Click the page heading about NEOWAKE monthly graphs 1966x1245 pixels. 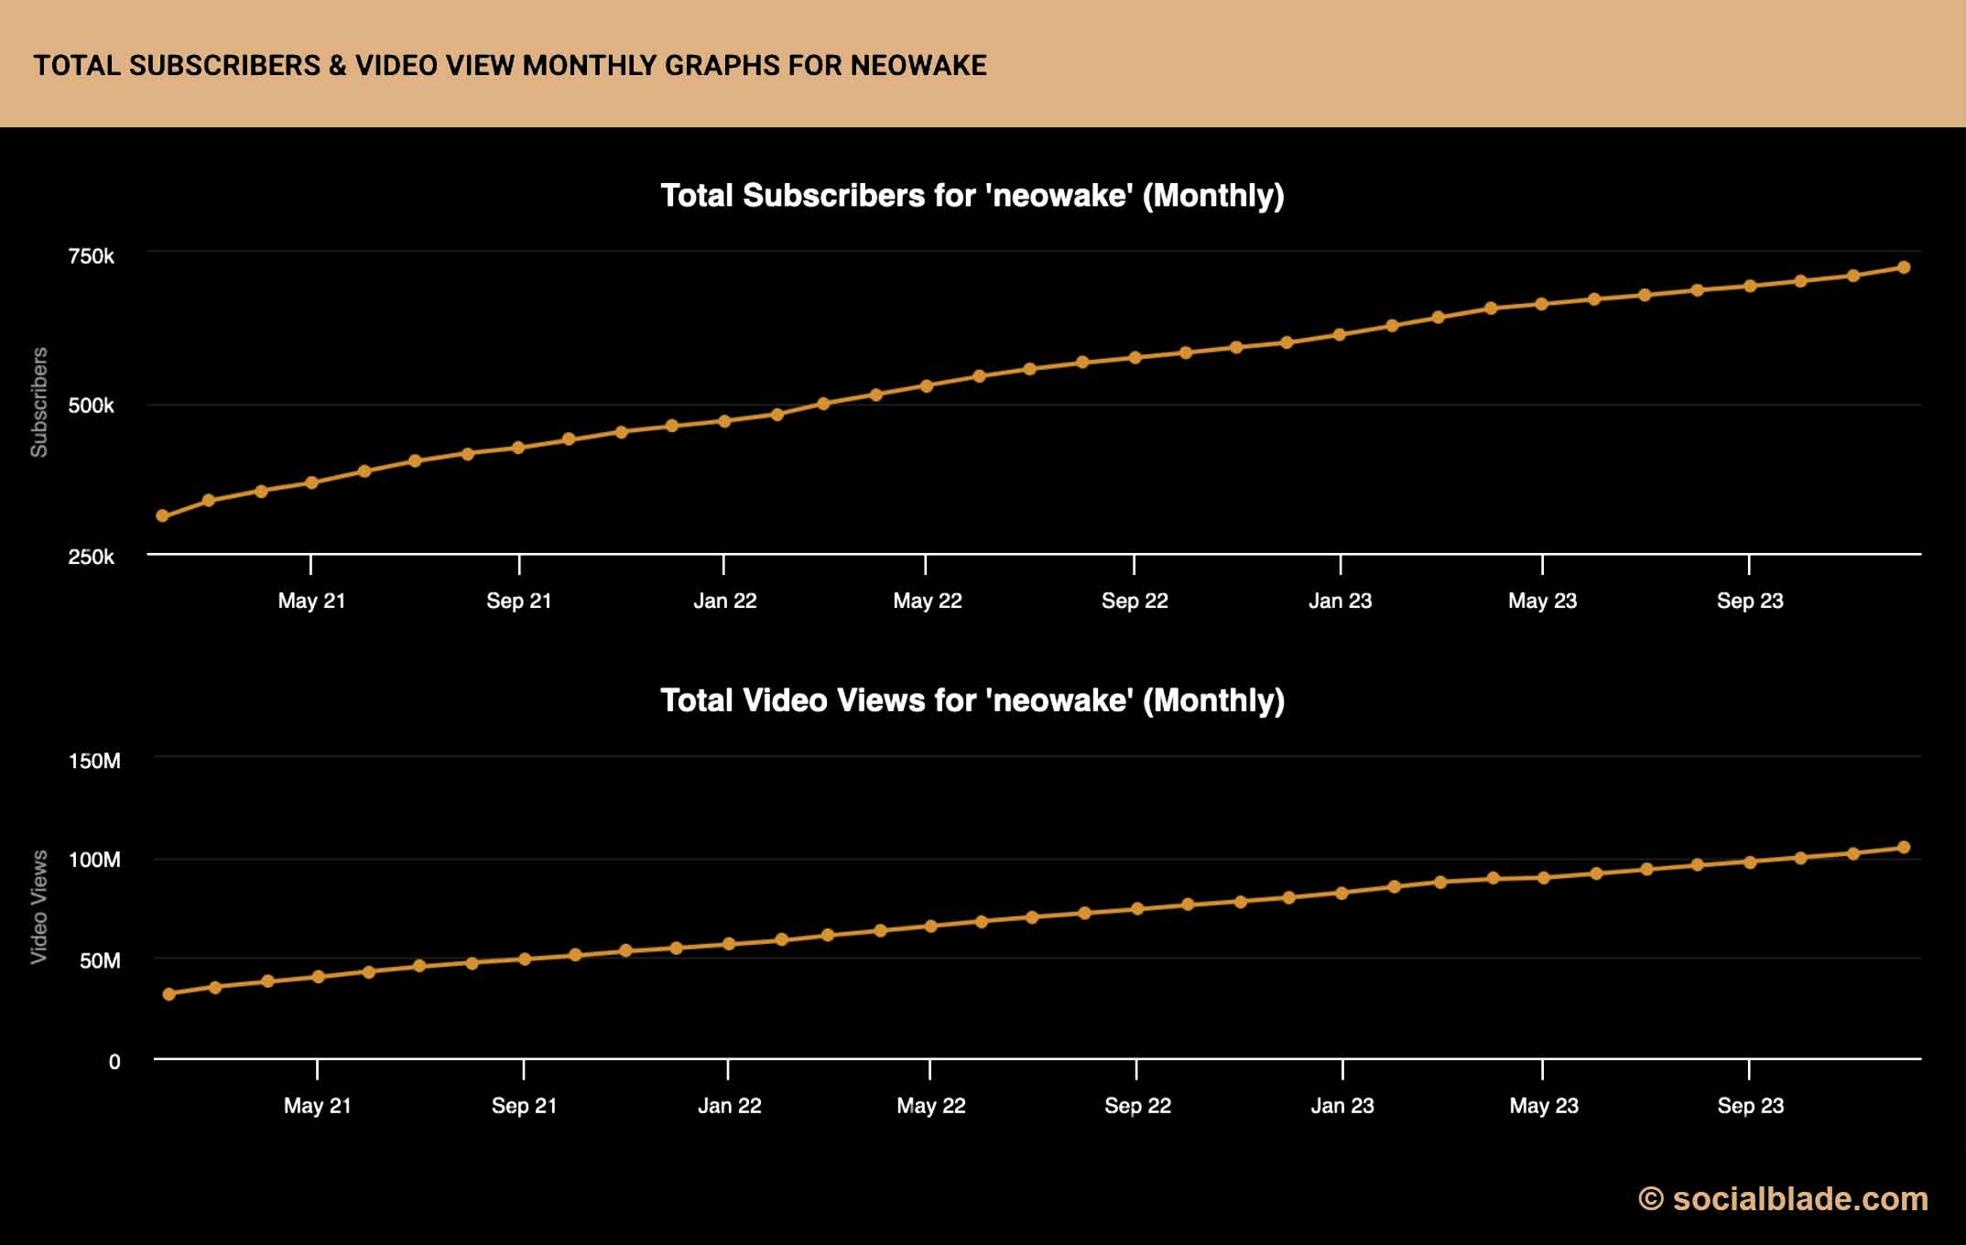click(x=510, y=65)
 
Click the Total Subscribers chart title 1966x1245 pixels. click(x=972, y=195)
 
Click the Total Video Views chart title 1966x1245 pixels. click(x=972, y=700)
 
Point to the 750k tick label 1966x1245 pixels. click(x=91, y=256)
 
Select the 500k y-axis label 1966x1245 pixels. click(x=91, y=406)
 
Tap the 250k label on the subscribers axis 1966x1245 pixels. click(x=91, y=557)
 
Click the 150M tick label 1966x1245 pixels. click(x=94, y=761)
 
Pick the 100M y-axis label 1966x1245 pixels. click(x=94, y=860)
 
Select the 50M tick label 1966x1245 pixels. click(x=100, y=960)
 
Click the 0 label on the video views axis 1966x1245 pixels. click(x=114, y=1062)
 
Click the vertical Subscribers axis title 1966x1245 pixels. click(x=39, y=402)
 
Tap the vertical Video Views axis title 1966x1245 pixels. click(x=39, y=906)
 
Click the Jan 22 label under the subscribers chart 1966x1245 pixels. click(x=724, y=601)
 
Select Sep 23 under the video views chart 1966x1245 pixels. click(x=1750, y=1106)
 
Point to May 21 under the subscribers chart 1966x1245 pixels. click(x=311, y=601)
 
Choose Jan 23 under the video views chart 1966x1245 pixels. click(x=1341, y=1106)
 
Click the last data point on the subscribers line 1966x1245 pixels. click(x=1904, y=267)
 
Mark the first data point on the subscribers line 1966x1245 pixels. click(x=163, y=516)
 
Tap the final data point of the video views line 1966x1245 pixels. click(x=1904, y=848)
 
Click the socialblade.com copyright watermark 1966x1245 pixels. click(x=1783, y=1199)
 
